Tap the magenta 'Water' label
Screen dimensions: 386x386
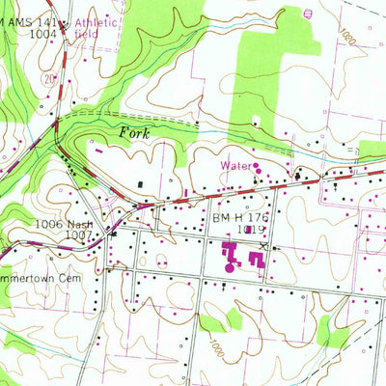click(234, 166)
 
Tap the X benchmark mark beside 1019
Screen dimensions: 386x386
click(274, 245)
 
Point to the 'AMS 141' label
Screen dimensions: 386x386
click(35, 21)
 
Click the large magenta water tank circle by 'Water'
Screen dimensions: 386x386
click(257, 170)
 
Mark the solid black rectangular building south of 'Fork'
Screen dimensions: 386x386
click(144, 182)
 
